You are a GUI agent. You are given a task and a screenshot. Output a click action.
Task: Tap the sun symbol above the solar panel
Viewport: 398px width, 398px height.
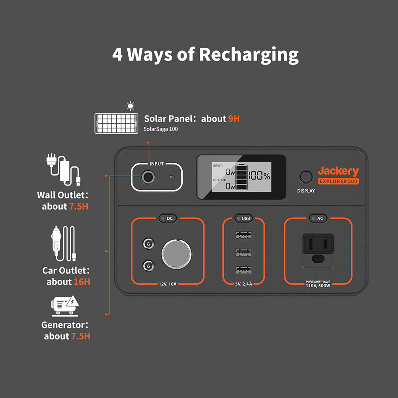(x=130, y=106)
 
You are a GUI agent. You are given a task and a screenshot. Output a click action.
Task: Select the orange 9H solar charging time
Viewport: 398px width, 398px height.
(x=234, y=119)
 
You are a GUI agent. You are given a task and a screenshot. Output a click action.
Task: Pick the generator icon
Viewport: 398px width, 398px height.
(x=65, y=306)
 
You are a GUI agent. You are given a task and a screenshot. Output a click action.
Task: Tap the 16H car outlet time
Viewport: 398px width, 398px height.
(x=82, y=282)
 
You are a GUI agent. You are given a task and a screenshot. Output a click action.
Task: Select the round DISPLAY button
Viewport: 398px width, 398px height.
(x=306, y=177)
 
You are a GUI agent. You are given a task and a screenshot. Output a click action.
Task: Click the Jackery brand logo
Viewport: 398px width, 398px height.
(x=338, y=171)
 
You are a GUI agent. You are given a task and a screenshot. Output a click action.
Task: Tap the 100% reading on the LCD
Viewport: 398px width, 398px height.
(x=259, y=176)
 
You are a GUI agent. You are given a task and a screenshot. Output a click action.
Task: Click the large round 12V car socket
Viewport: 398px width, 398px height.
(x=176, y=254)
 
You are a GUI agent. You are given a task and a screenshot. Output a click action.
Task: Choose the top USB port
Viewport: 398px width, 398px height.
(x=243, y=235)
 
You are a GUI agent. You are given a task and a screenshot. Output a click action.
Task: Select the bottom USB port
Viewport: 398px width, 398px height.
(x=243, y=271)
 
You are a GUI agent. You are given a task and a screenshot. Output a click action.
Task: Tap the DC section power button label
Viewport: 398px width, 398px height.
(x=167, y=218)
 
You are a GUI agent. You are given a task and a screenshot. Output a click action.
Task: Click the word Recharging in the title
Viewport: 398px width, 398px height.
(x=249, y=55)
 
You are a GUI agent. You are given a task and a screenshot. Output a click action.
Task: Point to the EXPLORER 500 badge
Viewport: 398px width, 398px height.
(x=338, y=181)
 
